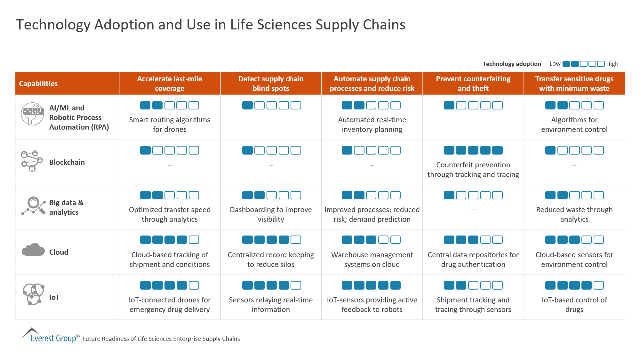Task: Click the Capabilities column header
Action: [x=38, y=84]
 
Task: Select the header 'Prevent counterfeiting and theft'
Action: [x=473, y=84]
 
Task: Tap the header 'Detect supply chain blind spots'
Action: [x=271, y=84]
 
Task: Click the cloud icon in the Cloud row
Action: [x=33, y=250]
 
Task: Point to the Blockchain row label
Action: [x=67, y=162]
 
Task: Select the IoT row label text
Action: [x=54, y=297]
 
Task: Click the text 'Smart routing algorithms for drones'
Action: [x=170, y=124]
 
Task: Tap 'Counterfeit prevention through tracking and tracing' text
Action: [x=473, y=170]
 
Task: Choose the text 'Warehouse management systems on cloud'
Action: [x=372, y=260]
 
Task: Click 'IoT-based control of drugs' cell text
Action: [x=574, y=305]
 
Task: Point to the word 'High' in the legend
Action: [x=612, y=64]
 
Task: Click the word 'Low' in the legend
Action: [x=555, y=64]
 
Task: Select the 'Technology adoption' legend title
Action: [x=511, y=64]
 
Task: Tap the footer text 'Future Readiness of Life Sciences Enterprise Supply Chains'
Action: [x=161, y=339]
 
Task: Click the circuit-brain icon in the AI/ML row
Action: [x=32, y=114]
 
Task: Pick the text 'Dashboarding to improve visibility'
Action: [x=271, y=214]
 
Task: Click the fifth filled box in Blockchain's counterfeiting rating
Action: [x=497, y=150]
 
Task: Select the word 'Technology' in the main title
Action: [x=53, y=25]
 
